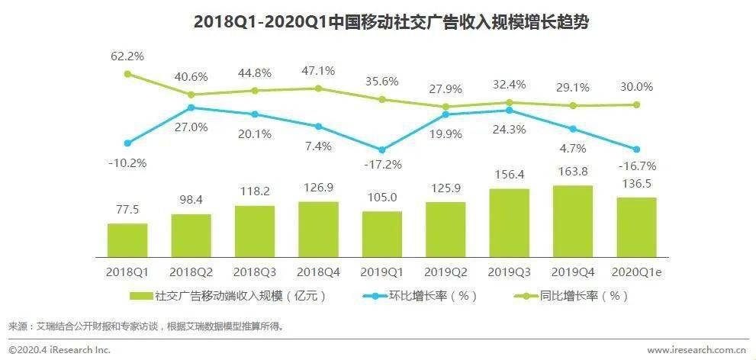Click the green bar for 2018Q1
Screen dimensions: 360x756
coord(127,240)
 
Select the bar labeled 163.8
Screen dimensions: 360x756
coord(572,221)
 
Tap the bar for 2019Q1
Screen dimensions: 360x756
coord(381,234)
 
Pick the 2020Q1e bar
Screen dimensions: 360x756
coord(636,227)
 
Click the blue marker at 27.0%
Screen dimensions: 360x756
coord(191,108)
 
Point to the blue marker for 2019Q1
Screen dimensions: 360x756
coord(381,150)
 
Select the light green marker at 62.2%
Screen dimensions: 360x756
coord(127,74)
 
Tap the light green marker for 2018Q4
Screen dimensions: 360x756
coord(318,88)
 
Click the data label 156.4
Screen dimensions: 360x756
coord(509,175)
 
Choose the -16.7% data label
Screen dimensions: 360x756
coord(636,166)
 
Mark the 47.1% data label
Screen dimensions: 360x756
coord(318,71)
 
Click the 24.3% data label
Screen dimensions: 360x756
coord(509,129)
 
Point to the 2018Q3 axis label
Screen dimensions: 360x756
coord(254,272)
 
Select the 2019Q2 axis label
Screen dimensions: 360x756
coord(445,272)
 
